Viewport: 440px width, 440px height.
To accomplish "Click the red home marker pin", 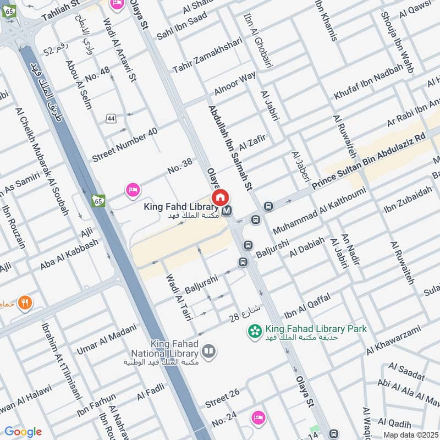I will [220, 197].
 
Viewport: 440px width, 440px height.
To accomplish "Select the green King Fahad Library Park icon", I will [255, 332].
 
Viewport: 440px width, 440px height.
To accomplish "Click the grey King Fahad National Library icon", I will [208, 351].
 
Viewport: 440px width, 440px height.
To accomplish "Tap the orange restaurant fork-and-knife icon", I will [25, 302].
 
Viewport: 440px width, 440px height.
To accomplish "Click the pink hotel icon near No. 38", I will [133, 191].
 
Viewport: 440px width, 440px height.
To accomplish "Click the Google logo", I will [23, 432].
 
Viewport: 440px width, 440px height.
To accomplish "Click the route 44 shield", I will [112, 118].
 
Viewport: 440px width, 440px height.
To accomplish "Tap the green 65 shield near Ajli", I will [98, 201].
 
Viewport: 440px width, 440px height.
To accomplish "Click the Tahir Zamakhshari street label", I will [207, 56].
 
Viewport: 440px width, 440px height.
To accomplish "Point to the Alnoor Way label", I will [235, 83].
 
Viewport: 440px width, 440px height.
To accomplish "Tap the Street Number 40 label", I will [125, 145].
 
